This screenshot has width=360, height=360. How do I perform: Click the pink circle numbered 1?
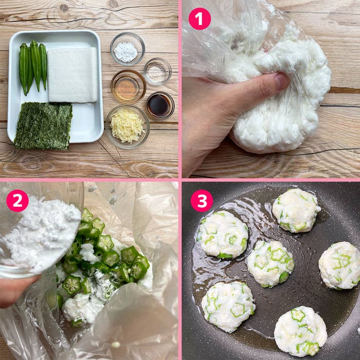pyautogui.click(x=200, y=19)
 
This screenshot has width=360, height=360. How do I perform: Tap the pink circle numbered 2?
pyautogui.click(x=17, y=201)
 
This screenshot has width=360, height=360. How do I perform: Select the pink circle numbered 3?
pyautogui.click(x=202, y=201)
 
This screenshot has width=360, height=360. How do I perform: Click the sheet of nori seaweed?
pyautogui.click(x=43, y=126)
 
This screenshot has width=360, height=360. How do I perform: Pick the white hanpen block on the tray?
pyautogui.click(x=73, y=75)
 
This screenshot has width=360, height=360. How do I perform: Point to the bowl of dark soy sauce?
pyautogui.click(x=160, y=105)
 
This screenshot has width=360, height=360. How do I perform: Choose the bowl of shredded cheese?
pyautogui.click(x=128, y=127)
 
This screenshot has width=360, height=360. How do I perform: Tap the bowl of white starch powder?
pyautogui.click(x=128, y=49)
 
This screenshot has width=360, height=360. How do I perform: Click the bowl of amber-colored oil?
pyautogui.click(x=129, y=86)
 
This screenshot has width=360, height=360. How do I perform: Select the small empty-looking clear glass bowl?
pyautogui.click(x=157, y=71)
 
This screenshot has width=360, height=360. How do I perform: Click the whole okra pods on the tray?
pyautogui.click(x=33, y=66)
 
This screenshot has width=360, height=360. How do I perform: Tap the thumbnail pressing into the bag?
pyautogui.click(x=282, y=82)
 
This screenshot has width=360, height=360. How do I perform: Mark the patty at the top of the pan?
pyautogui.click(x=296, y=210)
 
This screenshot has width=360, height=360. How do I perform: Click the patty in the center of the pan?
pyautogui.click(x=271, y=263)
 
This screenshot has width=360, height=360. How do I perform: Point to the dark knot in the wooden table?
pyautogui.click(x=64, y=8)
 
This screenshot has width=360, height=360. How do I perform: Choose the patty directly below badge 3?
pyautogui.click(x=222, y=234)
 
